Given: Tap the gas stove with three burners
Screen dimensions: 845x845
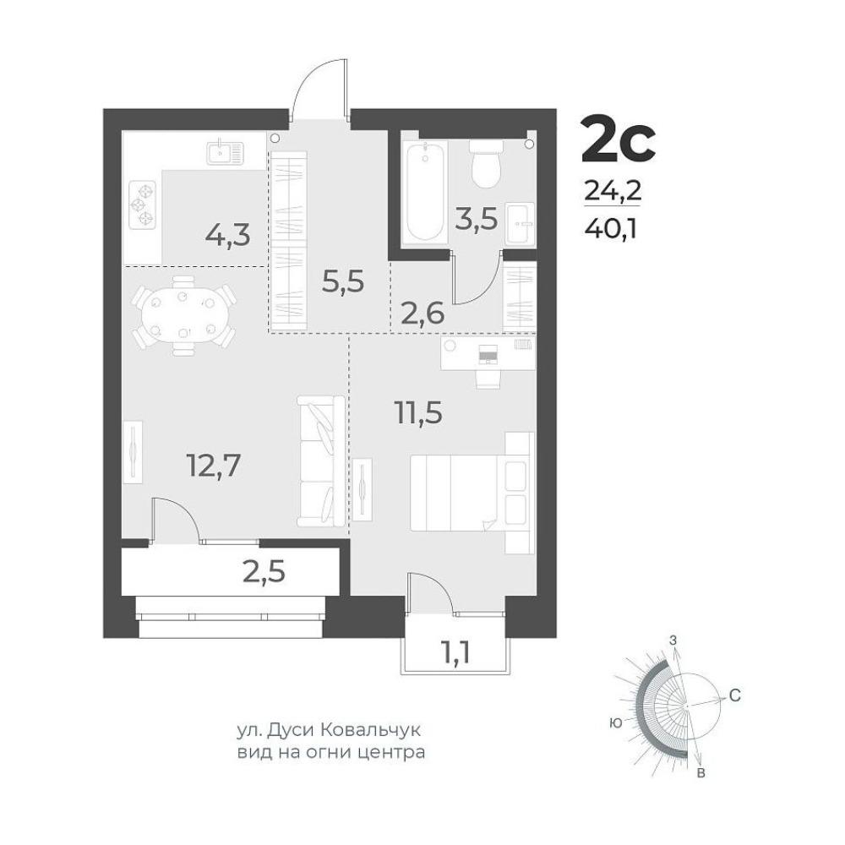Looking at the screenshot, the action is pos(143,204).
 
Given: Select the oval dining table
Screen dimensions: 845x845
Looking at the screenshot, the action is pos(183,316).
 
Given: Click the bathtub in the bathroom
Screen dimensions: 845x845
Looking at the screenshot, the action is pos(426,193).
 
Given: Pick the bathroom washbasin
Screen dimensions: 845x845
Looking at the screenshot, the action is pos(521,222).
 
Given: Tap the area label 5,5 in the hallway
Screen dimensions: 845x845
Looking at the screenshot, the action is pos(343,281).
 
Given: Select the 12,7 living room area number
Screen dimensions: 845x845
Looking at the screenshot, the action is pos(213,465).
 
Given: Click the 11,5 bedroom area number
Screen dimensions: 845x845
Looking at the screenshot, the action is pos(418,413).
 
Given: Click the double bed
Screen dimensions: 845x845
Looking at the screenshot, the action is pos(472,493).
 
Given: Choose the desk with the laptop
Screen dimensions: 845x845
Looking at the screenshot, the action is pos(488,353).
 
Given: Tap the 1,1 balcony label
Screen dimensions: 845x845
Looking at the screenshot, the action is pos(456,652).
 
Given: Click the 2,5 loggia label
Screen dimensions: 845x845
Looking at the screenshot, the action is pos(264,573).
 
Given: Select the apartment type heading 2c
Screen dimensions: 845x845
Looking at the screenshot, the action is pos(619,139).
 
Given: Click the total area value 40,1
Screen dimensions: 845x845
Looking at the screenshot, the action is pos(611,229).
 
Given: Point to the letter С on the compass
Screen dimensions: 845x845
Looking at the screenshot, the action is pos(734,695).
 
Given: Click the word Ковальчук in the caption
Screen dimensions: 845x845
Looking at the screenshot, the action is pos(370,730).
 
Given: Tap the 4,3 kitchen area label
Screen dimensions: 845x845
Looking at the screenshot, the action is pos(228,236).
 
